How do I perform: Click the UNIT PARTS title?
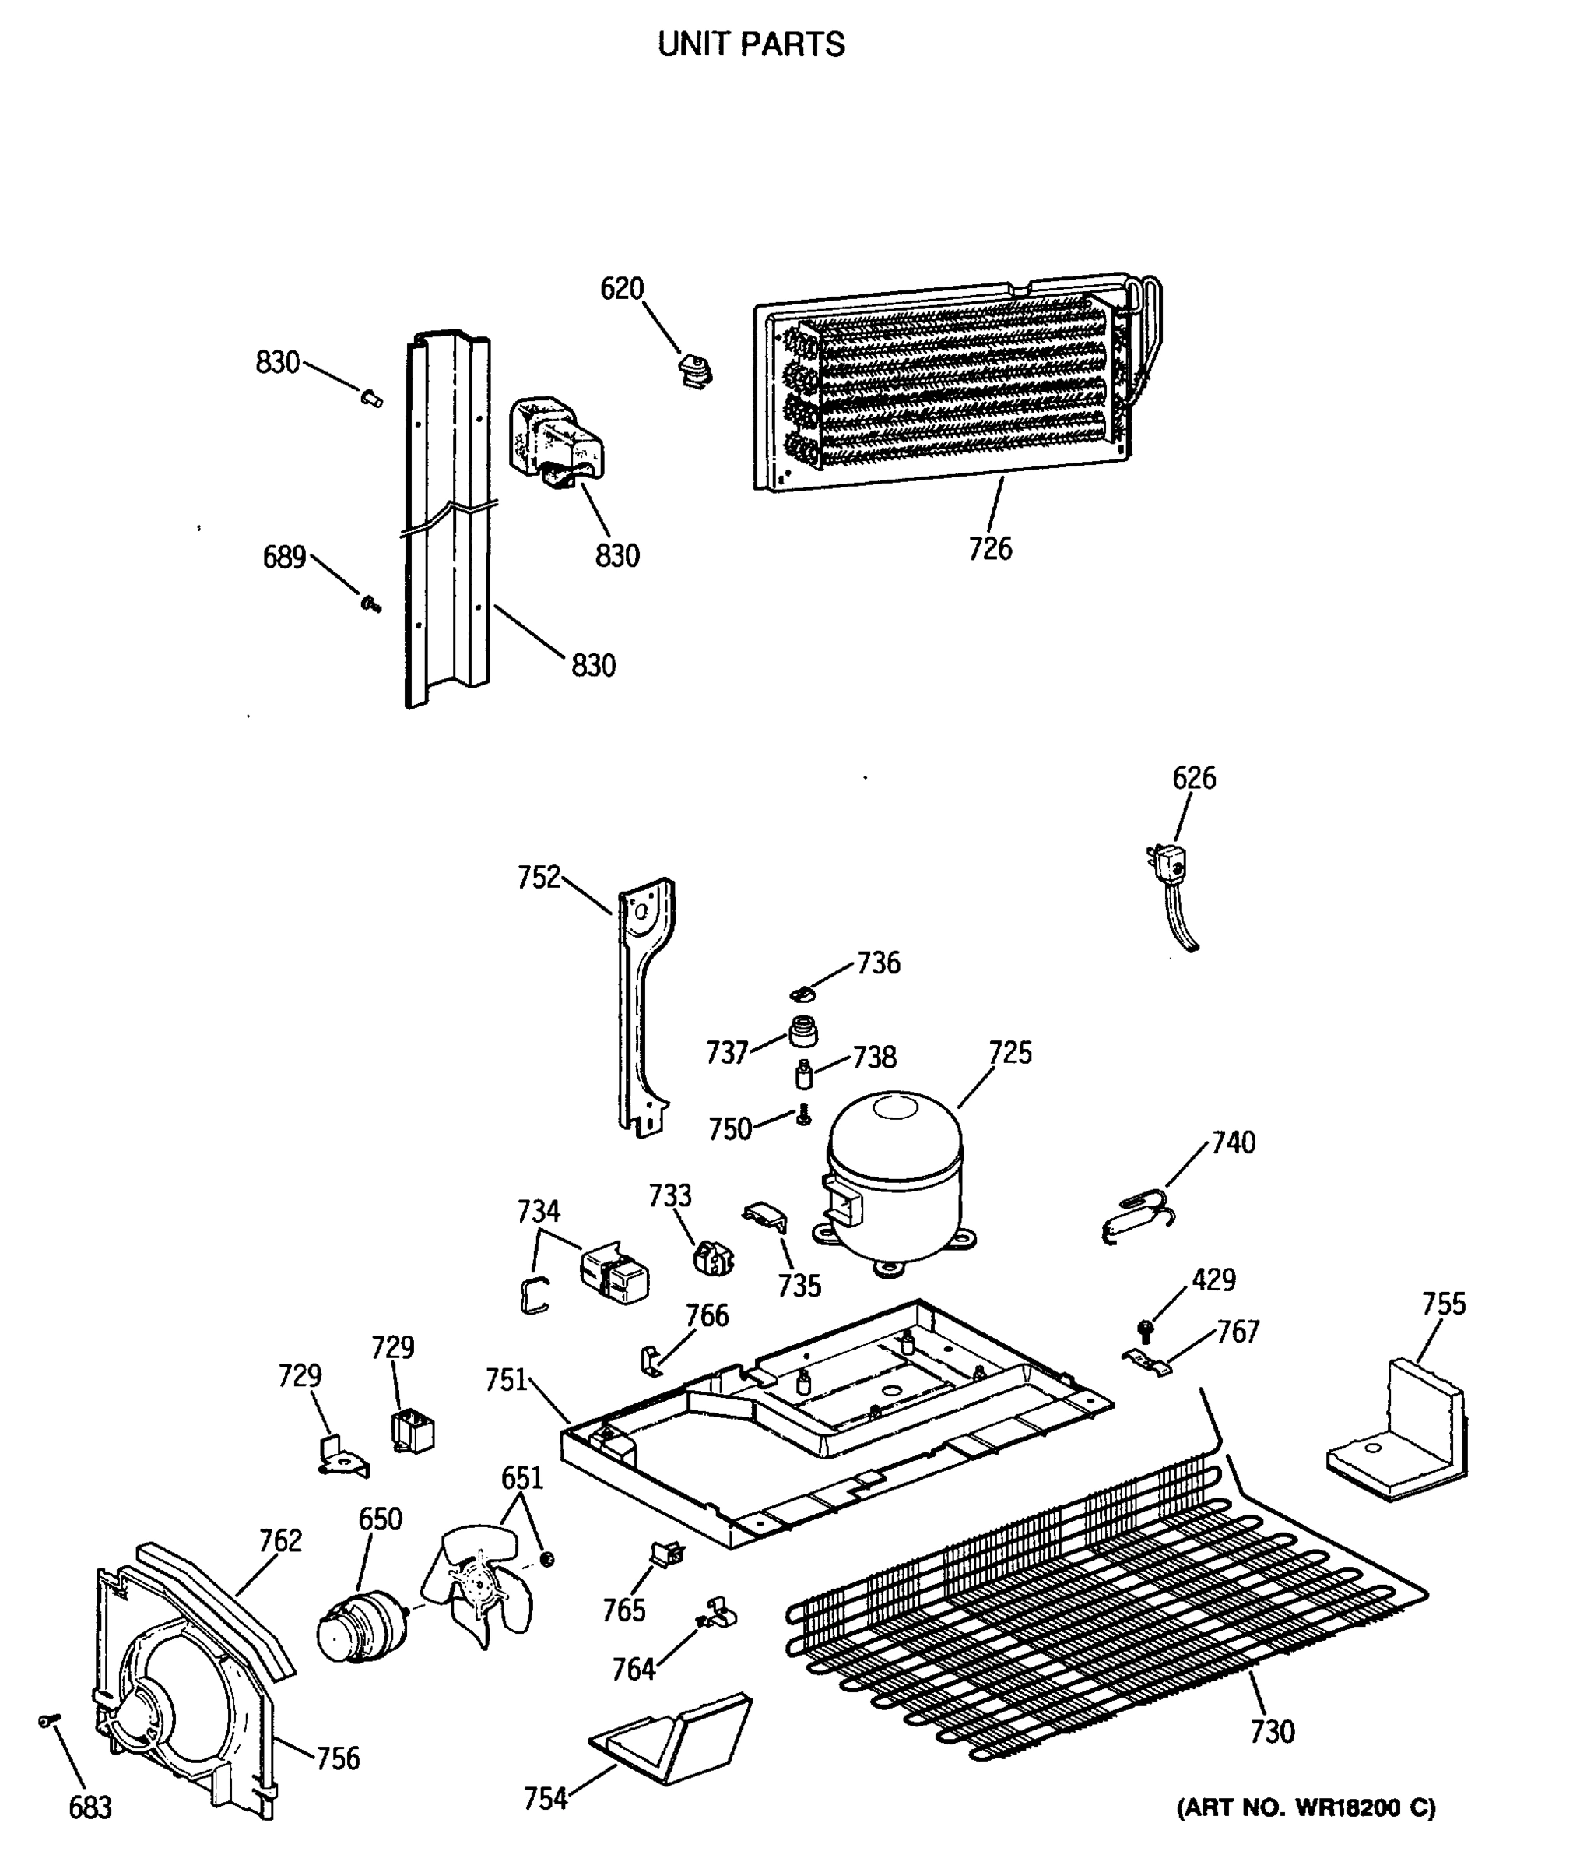tap(751, 44)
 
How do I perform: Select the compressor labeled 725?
tap(894, 1177)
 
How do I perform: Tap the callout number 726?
tap(990, 549)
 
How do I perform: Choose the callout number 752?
tap(539, 877)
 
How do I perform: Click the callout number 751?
tap(507, 1380)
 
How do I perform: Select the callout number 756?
tap(338, 1758)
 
